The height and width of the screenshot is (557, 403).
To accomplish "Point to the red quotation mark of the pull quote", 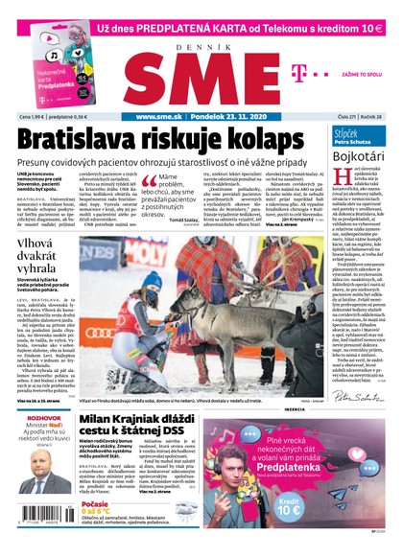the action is pos(149,181).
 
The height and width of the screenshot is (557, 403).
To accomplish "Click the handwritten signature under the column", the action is pos(357,394).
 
